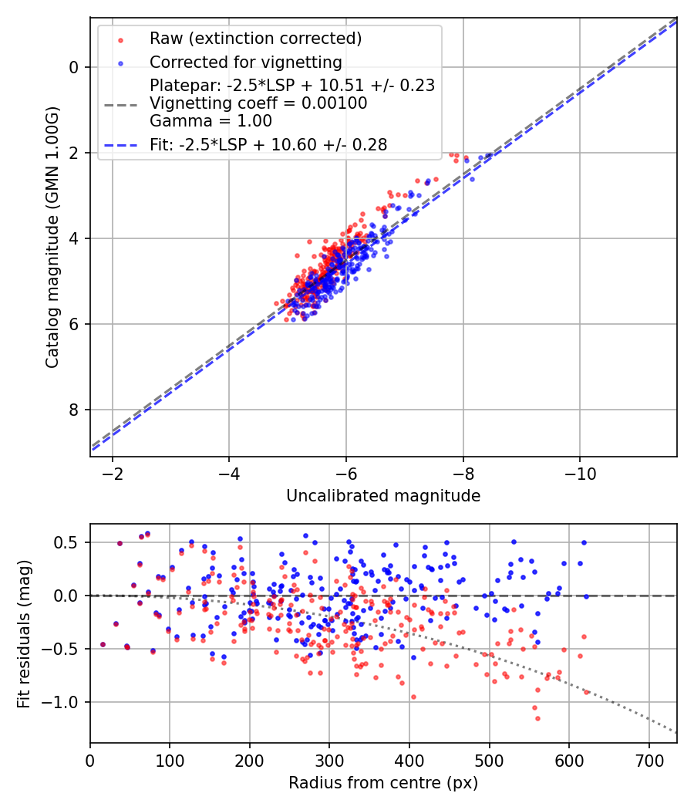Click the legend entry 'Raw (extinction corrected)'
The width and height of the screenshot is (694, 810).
click(x=255, y=39)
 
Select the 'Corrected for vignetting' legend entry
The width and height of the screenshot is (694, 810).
click(x=246, y=62)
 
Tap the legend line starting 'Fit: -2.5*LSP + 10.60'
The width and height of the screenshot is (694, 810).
click(x=268, y=144)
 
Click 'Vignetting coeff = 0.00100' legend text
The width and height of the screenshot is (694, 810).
click(x=258, y=103)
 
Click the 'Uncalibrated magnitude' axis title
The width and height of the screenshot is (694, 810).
click(x=383, y=496)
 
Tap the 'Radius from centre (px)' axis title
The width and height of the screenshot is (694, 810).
click(x=383, y=783)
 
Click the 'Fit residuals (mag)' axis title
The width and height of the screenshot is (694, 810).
click(x=24, y=633)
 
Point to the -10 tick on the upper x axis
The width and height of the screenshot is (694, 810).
click(x=580, y=473)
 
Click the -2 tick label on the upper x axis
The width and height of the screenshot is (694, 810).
click(x=113, y=473)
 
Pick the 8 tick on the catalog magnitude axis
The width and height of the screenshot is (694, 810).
click(x=74, y=410)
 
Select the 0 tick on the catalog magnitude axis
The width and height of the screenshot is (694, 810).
click(x=74, y=67)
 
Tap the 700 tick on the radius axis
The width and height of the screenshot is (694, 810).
click(x=649, y=760)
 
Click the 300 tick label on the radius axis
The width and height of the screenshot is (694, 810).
click(x=329, y=760)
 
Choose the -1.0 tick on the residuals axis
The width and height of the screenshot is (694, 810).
click(x=63, y=702)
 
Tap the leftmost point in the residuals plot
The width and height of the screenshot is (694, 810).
click(x=103, y=644)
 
